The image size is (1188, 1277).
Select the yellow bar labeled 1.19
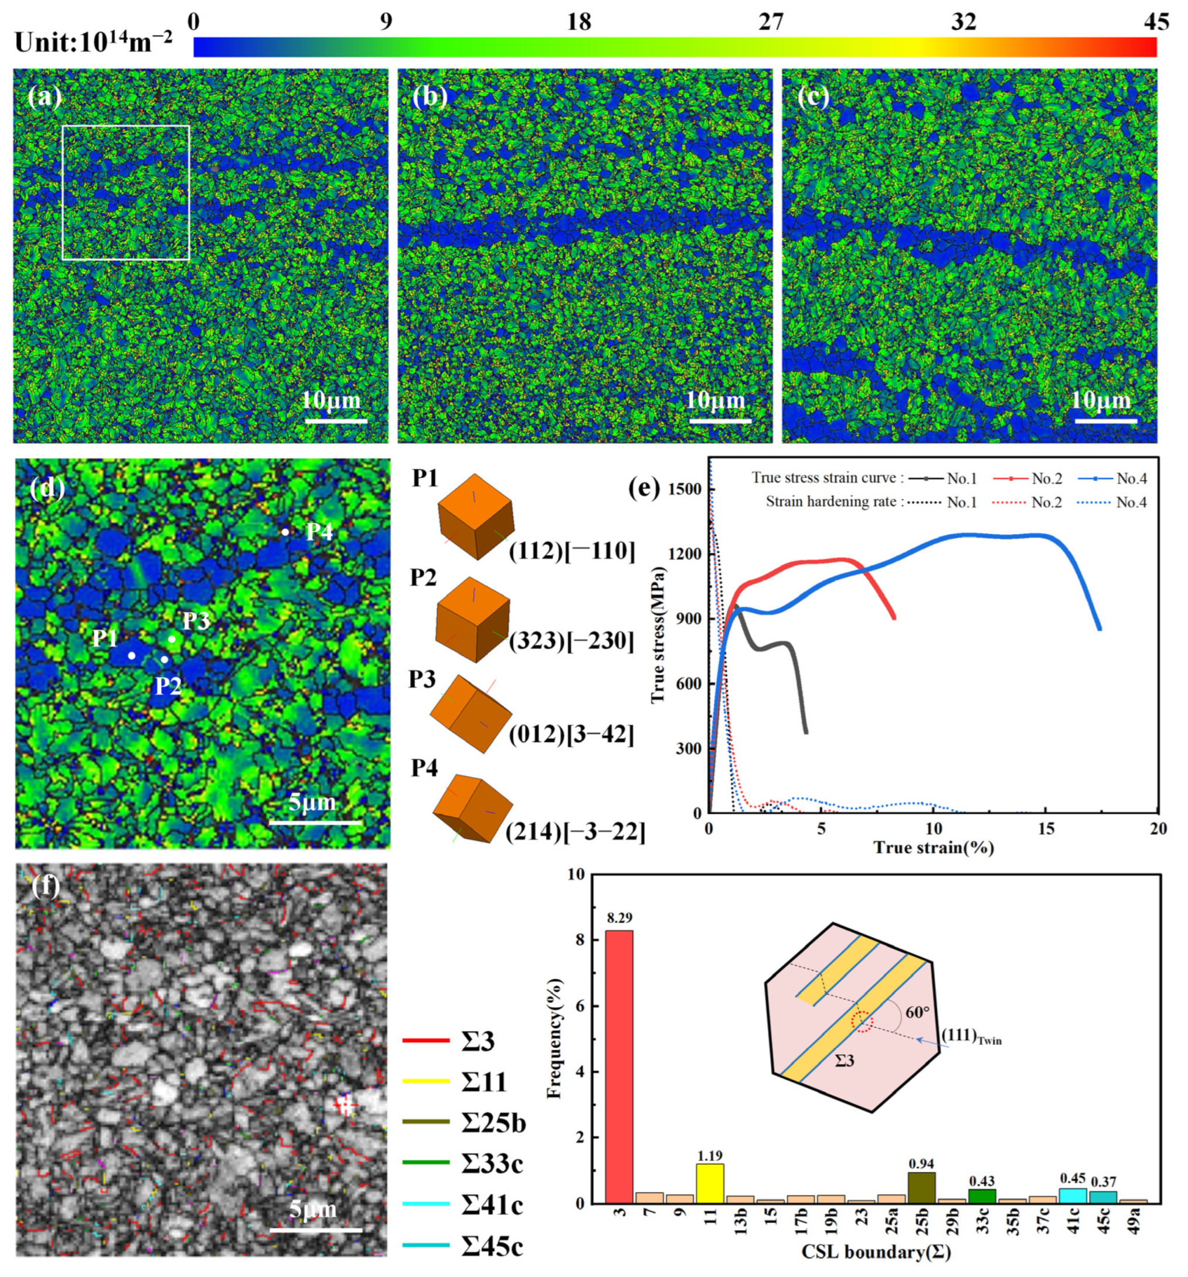point(710,1184)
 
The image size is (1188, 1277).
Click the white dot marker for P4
point(285,532)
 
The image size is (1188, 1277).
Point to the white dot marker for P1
point(132,655)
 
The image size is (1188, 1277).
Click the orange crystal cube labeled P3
point(470,713)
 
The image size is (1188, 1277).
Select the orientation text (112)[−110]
point(571,551)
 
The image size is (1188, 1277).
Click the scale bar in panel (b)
point(720,422)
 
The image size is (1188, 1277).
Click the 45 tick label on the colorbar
point(1156,22)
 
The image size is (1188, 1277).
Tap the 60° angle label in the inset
point(918,1013)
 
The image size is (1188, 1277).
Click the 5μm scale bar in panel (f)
point(315,1230)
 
